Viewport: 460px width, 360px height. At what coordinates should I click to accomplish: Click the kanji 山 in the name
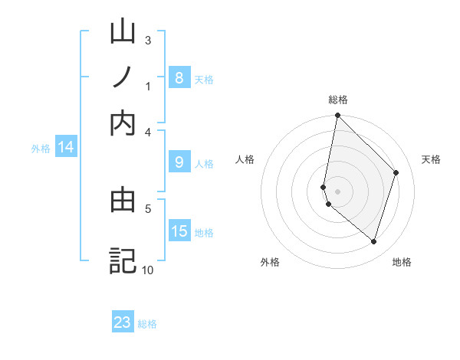click(x=123, y=33)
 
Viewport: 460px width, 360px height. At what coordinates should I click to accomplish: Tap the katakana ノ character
click(x=123, y=77)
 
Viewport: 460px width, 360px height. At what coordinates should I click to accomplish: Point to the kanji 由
click(x=123, y=200)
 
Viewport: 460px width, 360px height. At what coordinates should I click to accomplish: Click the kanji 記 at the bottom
click(x=123, y=260)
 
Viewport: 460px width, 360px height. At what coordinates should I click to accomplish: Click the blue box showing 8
click(x=179, y=77)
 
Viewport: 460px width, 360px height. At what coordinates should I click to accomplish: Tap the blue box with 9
click(x=179, y=162)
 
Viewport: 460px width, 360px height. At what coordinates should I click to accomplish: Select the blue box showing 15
click(x=179, y=231)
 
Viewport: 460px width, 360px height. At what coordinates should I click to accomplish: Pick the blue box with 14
click(x=66, y=147)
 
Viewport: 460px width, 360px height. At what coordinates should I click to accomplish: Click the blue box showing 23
click(x=123, y=322)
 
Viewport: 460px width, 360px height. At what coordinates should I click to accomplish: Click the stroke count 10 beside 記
click(x=147, y=270)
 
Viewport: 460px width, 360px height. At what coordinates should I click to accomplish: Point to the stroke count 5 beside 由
click(x=148, y=207)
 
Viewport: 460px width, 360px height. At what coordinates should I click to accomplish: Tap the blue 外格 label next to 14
click(x=41, y=149)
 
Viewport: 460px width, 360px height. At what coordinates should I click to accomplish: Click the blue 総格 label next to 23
click(x=147, y=324)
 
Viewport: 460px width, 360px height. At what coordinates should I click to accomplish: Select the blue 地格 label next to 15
click(x=204, y=232)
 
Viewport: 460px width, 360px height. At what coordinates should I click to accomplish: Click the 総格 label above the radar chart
click(x=338, y=100)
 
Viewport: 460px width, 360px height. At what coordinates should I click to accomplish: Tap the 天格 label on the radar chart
click(x=431, y=159)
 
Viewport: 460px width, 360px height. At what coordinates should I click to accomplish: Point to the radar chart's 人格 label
click(x=245, y=159)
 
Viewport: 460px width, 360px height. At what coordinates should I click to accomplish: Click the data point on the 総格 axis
click(x=337, y=116)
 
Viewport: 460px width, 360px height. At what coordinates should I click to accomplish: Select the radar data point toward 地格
click(x=373, y=241)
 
